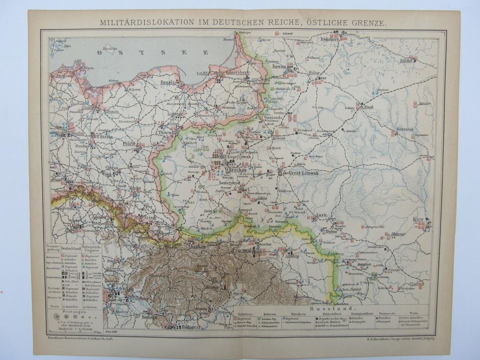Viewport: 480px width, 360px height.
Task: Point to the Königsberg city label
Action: [x=237, y=73]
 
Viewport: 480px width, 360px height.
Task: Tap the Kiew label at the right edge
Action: [x=418, y=219]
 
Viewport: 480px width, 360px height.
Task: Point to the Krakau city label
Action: [x=198, y=246]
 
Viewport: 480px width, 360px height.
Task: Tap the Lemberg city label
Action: [x=292, y=256]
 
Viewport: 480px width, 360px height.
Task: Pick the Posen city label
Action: [x=129, y=143]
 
